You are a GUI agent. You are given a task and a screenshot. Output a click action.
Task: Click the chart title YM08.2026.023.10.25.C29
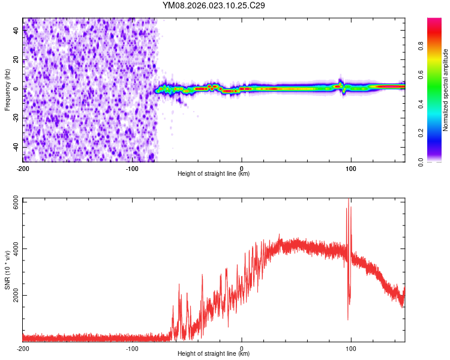tap(214, 5)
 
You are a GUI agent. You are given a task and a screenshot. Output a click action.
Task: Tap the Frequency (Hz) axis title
tap(7, 89)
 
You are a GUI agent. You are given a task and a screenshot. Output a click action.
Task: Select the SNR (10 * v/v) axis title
tap(7, 269)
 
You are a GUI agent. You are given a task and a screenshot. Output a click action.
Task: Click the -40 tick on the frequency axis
tap(15, 147)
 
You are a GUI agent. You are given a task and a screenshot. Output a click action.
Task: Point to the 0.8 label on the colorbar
tap(421, 47)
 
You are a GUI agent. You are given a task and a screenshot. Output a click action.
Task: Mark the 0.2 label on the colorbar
tap(421, 133)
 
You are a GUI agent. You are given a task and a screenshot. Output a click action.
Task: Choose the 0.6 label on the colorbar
tap(421, 76)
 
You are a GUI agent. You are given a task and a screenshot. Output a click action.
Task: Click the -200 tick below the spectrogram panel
tap(23, 169)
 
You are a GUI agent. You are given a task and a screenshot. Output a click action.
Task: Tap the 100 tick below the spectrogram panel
tap(351, 169)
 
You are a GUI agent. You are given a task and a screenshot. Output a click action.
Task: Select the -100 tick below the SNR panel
tap(132, 349)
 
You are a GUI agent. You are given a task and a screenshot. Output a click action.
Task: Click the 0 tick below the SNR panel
tap(242, 349)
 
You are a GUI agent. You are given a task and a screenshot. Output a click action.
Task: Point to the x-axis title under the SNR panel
tap(214, 354)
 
